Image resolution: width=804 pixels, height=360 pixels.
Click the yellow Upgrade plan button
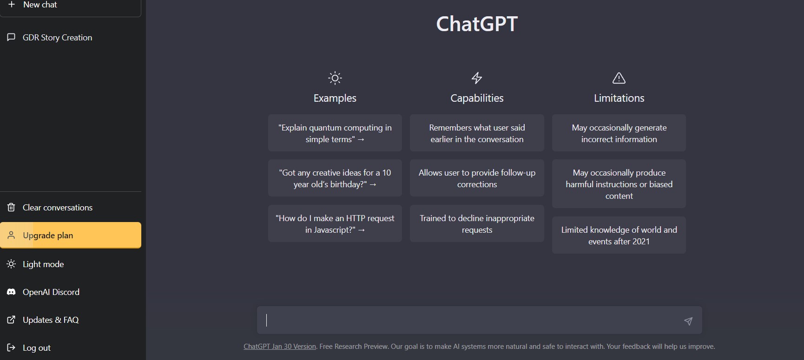[71, 235]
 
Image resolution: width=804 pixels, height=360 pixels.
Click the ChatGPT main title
[477, 24]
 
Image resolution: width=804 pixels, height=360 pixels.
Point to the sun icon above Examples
[335, 78]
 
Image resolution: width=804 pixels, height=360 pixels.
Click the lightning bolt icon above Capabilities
[477, 78]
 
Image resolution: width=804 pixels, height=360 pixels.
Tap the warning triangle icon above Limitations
[619, 78]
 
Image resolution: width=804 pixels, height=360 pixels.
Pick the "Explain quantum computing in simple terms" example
[335, 133]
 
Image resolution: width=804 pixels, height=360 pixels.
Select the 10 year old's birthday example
[335, 178]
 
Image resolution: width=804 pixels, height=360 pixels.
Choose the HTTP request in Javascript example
[335, 224]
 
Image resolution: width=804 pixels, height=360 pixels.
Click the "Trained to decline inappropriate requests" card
[477, 224]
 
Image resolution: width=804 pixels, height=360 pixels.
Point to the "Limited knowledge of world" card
[619, 236]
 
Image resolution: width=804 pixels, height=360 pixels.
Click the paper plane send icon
[688, 321]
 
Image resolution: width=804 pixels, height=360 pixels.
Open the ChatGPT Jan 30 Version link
[280, 347]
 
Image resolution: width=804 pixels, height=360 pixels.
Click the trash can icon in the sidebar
[11, 207]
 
